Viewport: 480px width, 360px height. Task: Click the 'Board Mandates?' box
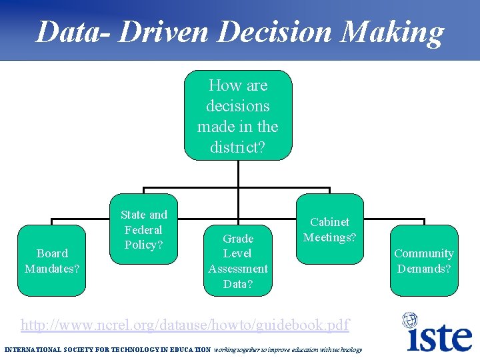click(52, 261)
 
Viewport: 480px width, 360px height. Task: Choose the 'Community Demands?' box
click(424, 261)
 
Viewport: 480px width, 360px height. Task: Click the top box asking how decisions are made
click(238, 116)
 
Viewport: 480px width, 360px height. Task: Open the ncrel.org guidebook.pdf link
click(185, 325)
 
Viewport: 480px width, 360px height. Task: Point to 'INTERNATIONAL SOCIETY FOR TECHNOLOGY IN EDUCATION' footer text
click(107, 350)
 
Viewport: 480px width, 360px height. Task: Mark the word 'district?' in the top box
click(237, 147)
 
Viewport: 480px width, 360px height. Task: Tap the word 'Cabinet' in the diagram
click(330, 222)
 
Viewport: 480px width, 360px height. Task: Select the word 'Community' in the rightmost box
click(424, 253)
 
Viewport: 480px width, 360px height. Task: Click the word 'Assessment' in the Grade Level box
click(238, 269)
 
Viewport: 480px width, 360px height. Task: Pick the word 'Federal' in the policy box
click(143, 229)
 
